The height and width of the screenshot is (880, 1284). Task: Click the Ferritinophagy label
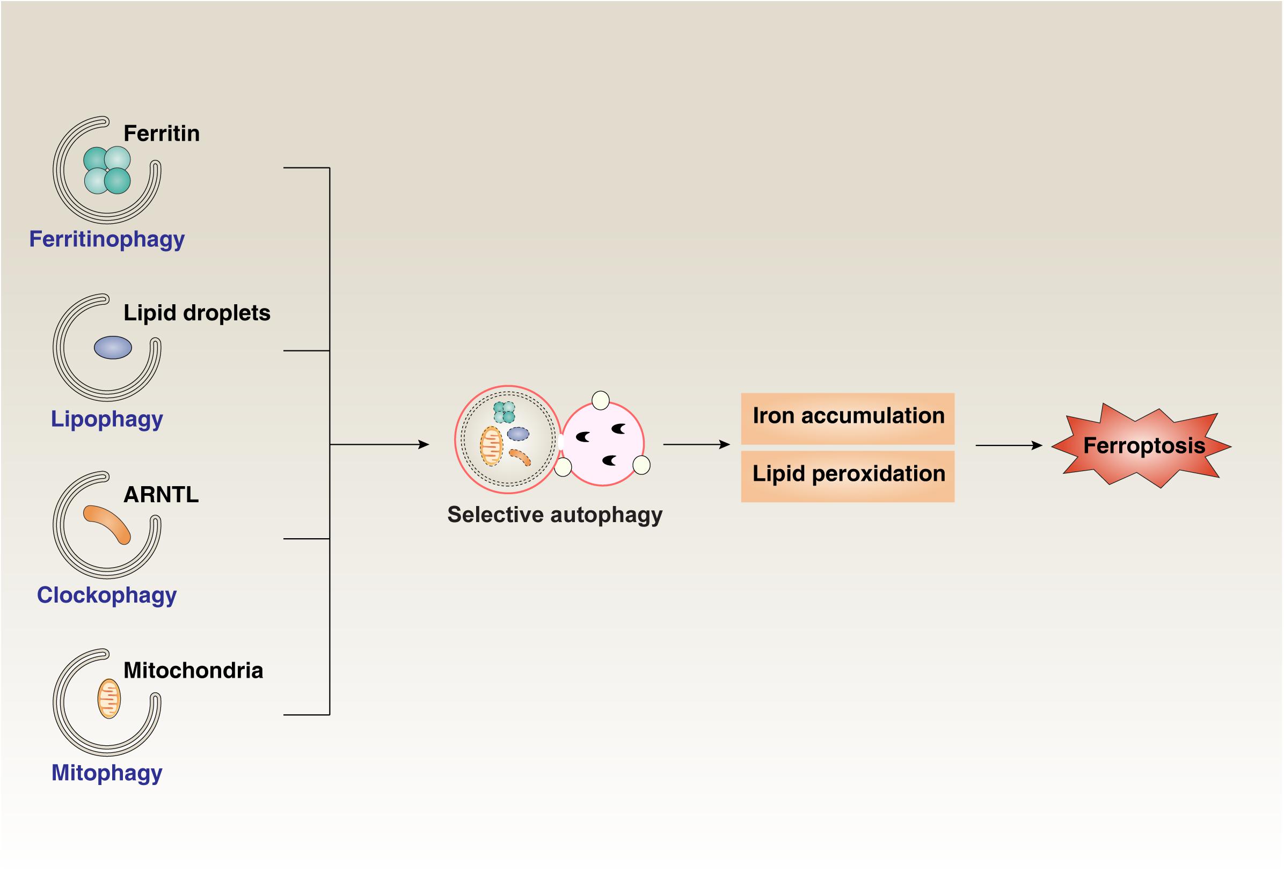pos(107,240)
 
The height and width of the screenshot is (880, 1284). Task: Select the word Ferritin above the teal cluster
pos(162,134)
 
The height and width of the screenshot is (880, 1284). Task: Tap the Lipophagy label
pos(107,419)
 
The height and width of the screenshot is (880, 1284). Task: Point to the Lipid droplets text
pos(196,313)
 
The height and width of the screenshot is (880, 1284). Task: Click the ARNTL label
pos(161,494)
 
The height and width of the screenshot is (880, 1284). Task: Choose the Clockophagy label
pos(107,596)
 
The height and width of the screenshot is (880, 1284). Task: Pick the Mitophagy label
pos(107,773)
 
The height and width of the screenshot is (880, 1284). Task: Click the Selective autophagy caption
pos(554,515)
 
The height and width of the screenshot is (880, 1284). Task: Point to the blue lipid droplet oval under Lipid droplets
pos(113,348)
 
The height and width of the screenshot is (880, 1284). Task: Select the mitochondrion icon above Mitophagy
pos(109,699)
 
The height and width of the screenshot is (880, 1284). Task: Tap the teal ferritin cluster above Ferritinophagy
pos(107,170)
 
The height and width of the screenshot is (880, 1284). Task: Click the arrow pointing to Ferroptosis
pos(1008,445)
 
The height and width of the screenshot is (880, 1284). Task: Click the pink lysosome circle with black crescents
pos(602,444)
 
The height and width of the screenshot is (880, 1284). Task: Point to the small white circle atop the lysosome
pos(601,400)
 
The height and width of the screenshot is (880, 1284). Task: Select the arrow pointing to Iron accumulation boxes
pos(696,444)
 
